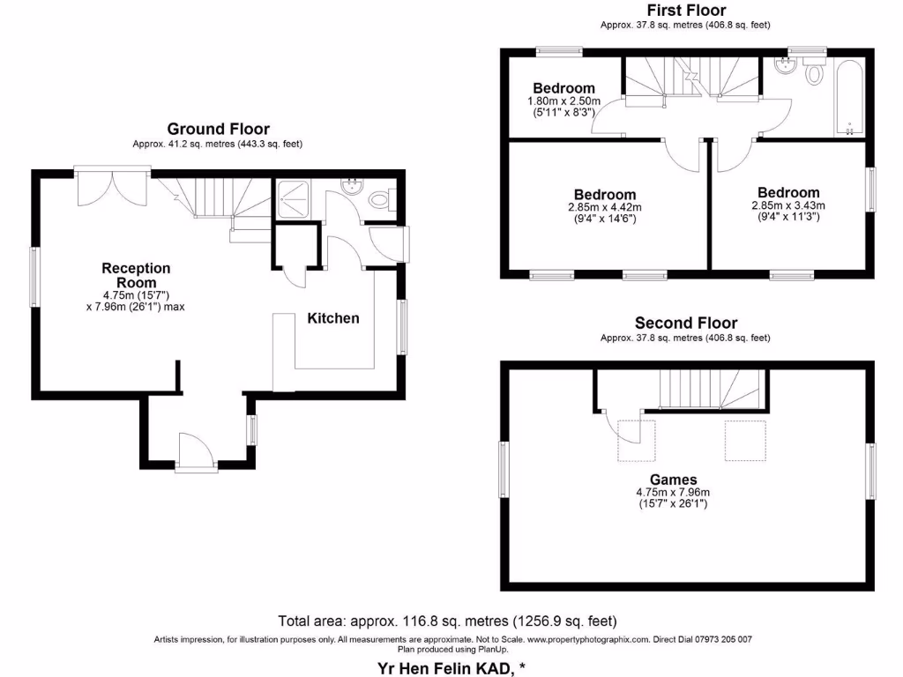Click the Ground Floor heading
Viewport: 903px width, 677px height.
coord(218,129)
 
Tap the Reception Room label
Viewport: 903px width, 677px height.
coord(136,275)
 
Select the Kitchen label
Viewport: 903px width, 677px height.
coord(332,318)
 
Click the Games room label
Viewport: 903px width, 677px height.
coord(673,480)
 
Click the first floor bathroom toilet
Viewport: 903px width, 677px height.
coord(814,73)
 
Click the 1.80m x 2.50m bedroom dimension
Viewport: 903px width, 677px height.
coord(564,102)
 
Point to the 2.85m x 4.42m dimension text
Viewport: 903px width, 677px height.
coord(604,208)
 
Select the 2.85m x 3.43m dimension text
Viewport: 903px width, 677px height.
coord(787,205)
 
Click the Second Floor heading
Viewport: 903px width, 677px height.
coord(685,324)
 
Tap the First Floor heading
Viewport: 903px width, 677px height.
coord(685,11)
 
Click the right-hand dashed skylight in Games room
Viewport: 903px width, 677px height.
coord(744,441)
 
